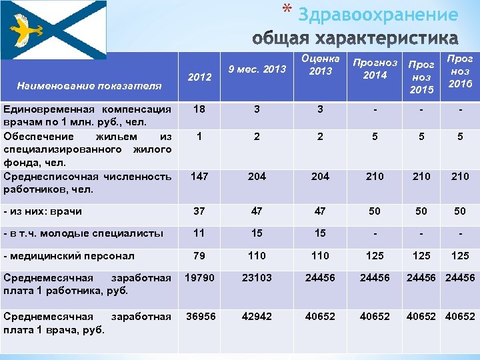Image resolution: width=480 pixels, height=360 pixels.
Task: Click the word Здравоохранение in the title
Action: (x=378, y=15)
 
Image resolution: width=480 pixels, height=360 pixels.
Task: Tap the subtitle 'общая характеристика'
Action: (x=355, y=37)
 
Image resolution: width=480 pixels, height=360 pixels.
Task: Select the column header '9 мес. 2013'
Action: (x=257, y=69)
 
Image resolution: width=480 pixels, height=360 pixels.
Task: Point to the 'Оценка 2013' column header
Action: (x=320, y=65)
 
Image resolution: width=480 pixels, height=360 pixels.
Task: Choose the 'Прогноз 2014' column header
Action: (x=375, y=69)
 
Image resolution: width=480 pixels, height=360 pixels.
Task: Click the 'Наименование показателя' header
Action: (x=89, y=85)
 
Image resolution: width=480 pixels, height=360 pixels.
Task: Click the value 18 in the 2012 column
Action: (x=199, y=109)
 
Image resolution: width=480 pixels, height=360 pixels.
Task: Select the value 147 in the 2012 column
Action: (x=199, y=176)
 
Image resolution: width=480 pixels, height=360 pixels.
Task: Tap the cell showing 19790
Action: (x=199, y=277)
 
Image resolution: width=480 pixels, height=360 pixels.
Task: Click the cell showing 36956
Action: (x=199, y=317)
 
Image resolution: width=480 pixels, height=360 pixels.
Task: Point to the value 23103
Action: (x=257, y=277)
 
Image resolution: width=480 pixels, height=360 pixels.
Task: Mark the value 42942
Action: (x=257, y=317)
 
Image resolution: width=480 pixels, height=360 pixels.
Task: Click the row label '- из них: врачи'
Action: (x=43, y=211)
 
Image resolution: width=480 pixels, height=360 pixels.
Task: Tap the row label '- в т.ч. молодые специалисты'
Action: (x=83, y=233)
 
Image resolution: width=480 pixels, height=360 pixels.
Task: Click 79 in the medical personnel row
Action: (x=199, y=255)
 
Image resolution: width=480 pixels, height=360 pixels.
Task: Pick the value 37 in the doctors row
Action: (x=199, y=211)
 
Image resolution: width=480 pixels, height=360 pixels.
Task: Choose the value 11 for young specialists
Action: (x=199, y=233)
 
